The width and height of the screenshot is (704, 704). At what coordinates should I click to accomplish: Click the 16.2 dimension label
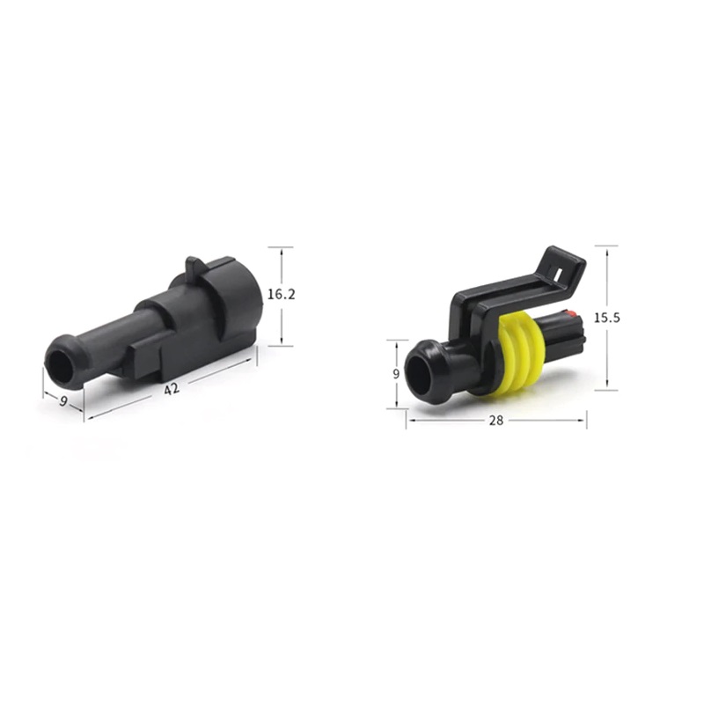click(282, 295)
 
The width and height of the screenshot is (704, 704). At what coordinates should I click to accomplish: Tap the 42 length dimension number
click(171, 389)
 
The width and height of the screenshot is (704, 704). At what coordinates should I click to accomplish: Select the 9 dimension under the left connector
click(63, 401)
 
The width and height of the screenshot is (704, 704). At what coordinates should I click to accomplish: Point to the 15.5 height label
click(607, 318)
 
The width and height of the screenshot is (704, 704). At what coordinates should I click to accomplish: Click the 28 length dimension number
click(496, 421)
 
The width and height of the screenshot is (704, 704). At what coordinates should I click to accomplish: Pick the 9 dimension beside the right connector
click(395, 374)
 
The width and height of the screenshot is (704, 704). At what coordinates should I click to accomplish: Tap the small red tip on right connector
click(571, 313)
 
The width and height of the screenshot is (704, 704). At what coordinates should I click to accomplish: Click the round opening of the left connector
click(60, 367)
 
